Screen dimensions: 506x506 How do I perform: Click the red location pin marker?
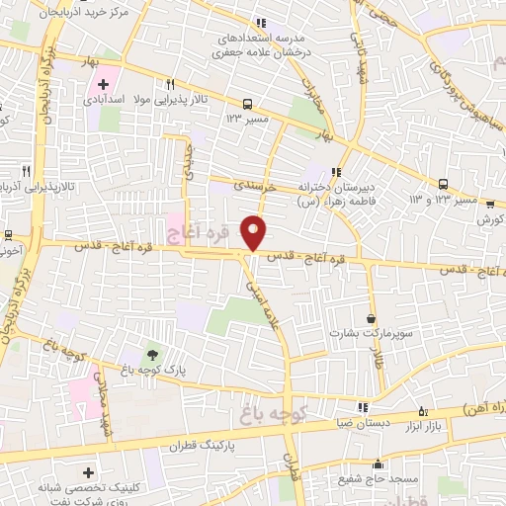pyautogui.click(x=254, y=231)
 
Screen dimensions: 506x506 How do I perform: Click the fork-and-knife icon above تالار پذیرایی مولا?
pyautogui.click(x=170, y=85)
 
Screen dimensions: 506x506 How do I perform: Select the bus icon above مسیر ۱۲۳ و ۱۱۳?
pyautogui.click(x=444, y=184)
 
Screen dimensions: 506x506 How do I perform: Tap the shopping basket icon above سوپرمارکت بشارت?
pyautogui.click(x=371, y=318)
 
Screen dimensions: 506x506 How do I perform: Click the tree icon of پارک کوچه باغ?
pyautogui.click(x=152, y=354)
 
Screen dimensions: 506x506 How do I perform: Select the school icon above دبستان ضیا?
pyautogui.click(x=363, y=405)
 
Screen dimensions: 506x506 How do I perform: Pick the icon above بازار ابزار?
pyautogui.click(x=424, y=411)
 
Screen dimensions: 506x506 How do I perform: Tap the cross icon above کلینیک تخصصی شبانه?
pyautogui.click(x=89, y=472)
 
